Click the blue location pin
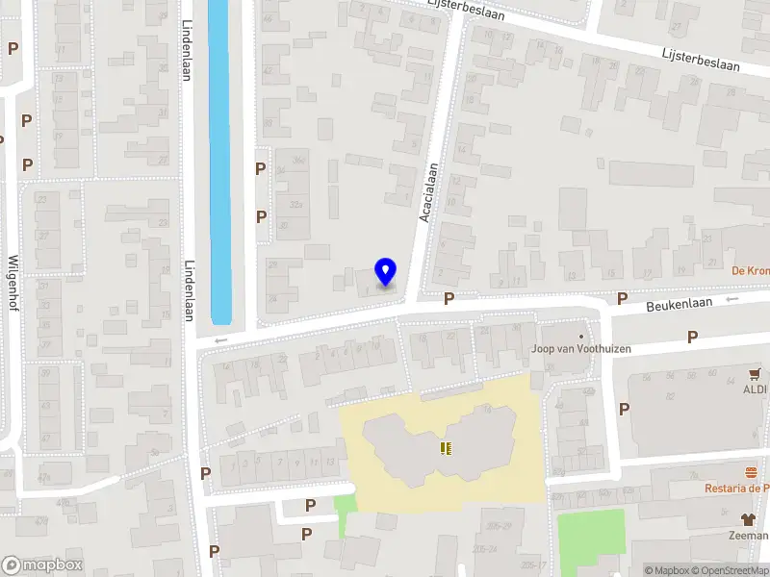pyautogui.click(x=385, y=272)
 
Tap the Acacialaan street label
pyautogui.click(x=428, y=192)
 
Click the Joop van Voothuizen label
pyautogui.click(x=582, y=348)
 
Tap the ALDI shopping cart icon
pyautogui.click(x=756, y=374)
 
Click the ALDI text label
pyautogui.click(x=756, y=389)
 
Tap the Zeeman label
pyautogui.click(x=750, y=536)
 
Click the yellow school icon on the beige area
pyautogui.click(x=445, y=448)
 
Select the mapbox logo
pyautogui.click(x=42, y=564)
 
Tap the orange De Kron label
pyautogui.click(x=751, y=270)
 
